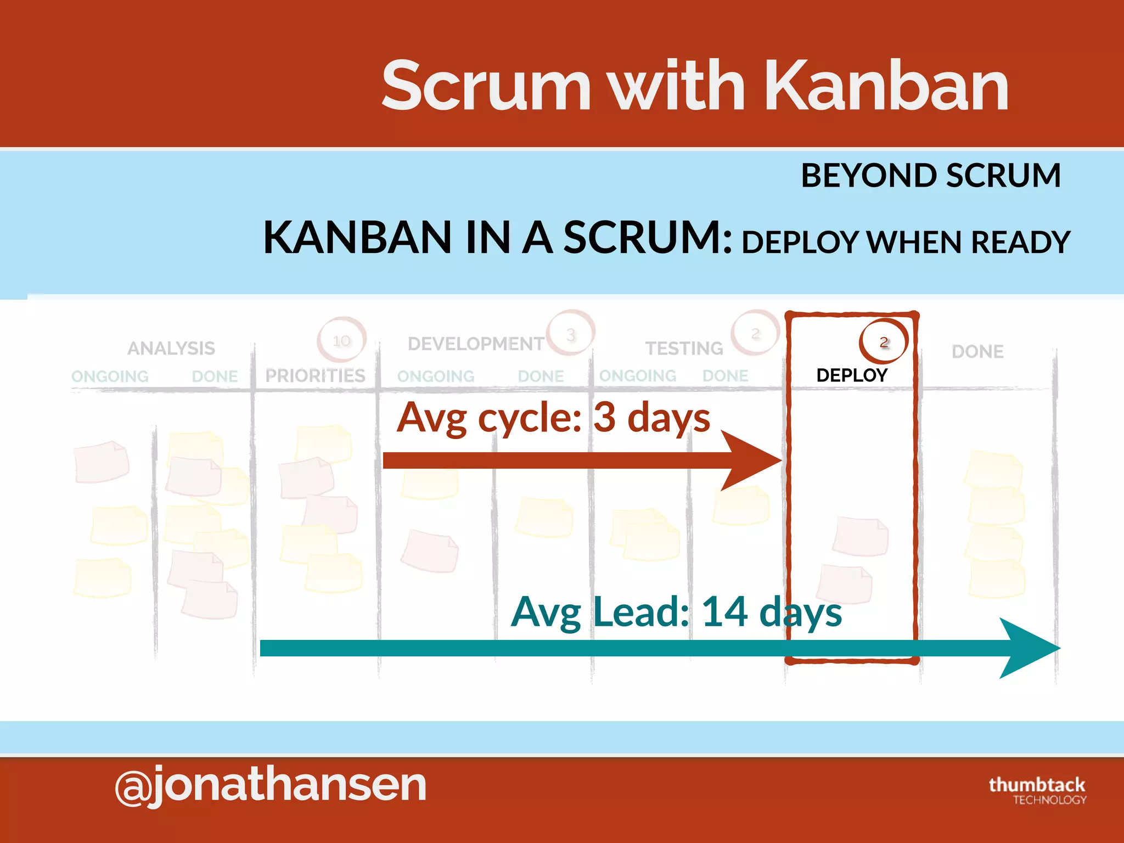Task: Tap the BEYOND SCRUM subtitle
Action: click(x=931, y=176)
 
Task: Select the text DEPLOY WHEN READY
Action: click(x=906, y=242)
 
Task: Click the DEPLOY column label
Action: click(x=852, y=375)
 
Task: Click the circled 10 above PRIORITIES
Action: click(x=341, y=341)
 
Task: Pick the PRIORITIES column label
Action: click(x=315, y=375)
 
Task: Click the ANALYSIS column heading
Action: click(x=171, y=348)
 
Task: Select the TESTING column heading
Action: click(x=684, y=348)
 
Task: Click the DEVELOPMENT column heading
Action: click(x=476, y=344)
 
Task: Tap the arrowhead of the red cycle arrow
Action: click(x=755, y=460)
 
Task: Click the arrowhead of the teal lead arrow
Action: click(x=1029, y=648)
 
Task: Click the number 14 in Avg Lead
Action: click(x=724, y=612)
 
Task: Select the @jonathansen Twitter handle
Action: click(x=271, y=785)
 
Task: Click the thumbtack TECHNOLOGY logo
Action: click(x=1037, y=790)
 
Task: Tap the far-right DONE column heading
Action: click(x=977, y=351)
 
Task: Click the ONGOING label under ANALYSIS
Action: click(x=110, y=376)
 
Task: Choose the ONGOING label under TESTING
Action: click(x=638, y=376)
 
